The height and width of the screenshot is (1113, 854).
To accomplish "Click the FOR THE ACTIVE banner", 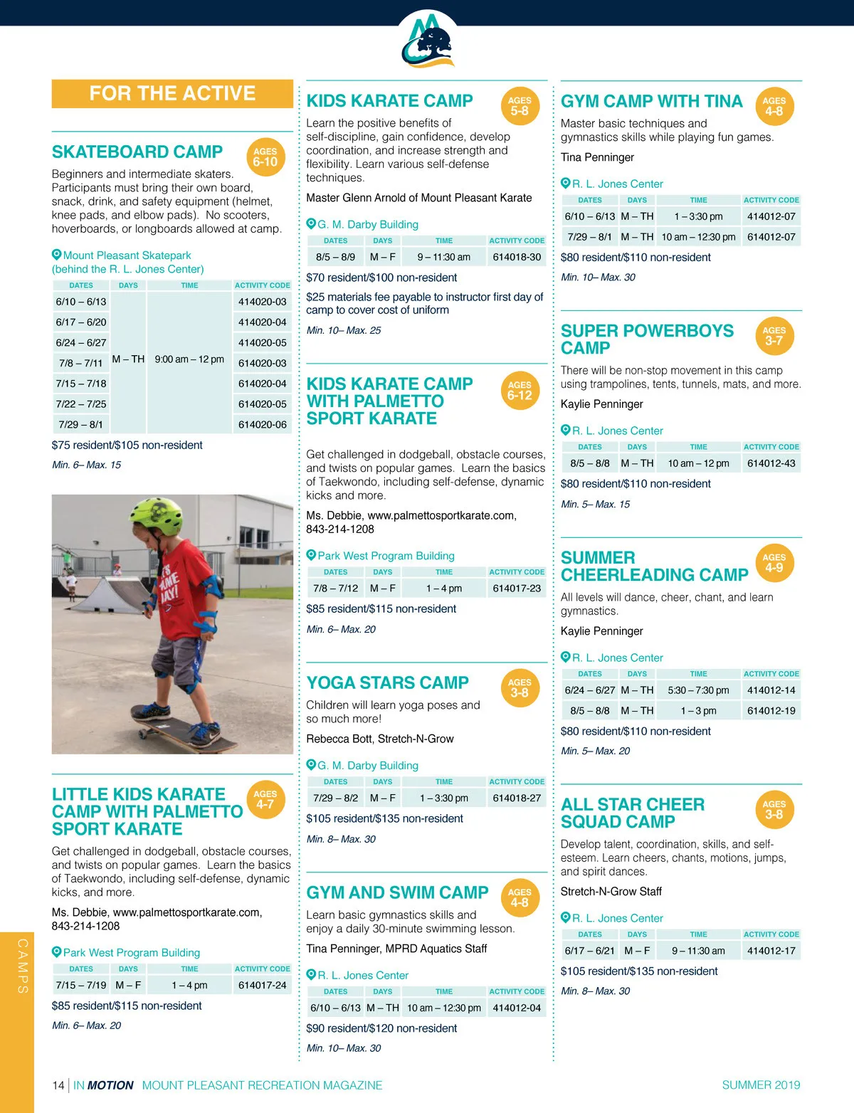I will coord(172,93).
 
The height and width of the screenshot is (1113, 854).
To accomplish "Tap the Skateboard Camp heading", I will coord(137,152).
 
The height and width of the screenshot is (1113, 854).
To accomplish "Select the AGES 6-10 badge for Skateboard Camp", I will coord(265,157).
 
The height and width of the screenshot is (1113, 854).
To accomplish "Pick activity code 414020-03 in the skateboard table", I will coord(262,302).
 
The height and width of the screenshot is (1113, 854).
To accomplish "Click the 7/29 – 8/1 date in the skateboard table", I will coord(81,424).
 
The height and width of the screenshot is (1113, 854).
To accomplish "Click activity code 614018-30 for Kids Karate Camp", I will coord(517,257).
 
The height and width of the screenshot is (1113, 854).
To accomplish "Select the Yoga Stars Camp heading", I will coord(387,683).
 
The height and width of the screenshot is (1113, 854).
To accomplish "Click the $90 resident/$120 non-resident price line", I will coord(381,1028).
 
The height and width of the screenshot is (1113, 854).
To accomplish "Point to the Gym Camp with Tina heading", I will coord(651,102).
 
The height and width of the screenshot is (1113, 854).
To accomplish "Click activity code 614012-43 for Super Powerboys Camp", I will coord(771,463).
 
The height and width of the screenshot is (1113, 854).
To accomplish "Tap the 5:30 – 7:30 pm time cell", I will coord(698,690).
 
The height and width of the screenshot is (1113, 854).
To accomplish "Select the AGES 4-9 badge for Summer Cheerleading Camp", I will coord(774,563).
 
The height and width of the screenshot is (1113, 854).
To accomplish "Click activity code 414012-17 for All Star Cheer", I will coord(771,951).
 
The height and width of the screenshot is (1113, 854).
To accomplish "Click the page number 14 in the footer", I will coord(58,1085).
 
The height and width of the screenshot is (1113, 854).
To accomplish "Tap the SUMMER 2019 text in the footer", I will coord(761,1085).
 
